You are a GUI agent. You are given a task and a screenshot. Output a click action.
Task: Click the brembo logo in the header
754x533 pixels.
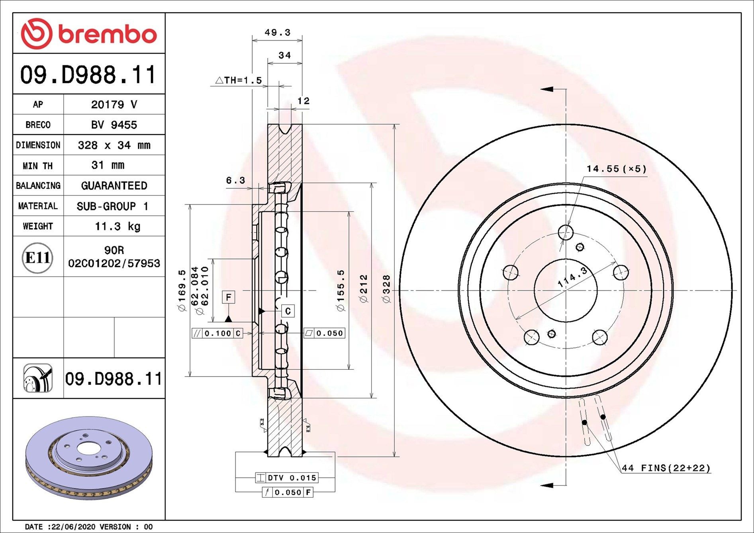click(88, 33)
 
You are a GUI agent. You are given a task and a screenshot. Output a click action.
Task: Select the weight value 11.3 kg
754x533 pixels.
click(118, 226)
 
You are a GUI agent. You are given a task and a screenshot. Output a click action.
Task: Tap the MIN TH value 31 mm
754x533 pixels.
click(108, 165)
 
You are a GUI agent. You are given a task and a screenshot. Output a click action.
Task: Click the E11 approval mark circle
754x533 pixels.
click(37, 258)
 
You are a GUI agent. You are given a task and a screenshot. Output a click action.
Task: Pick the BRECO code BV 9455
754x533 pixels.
click(114, 125)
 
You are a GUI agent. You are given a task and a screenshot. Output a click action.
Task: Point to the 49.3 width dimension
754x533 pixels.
click(277, 33)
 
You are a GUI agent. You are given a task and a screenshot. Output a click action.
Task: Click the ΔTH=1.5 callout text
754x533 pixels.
click(239, 80)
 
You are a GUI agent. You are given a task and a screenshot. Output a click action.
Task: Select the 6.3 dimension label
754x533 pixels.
click(235, 181)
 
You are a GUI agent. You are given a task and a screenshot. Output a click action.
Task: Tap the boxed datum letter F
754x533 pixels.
click(229, 297)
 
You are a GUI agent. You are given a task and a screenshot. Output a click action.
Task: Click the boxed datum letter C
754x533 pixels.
click(288, 311)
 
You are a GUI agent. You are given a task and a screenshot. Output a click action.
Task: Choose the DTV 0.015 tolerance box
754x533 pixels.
click(287, 478)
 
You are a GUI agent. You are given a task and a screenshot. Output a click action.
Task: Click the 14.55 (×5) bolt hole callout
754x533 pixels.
click(616, 169)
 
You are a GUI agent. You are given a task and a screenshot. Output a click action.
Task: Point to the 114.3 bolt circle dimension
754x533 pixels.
click(572, 277)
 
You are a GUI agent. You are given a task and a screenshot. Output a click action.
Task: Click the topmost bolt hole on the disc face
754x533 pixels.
click(566, 232)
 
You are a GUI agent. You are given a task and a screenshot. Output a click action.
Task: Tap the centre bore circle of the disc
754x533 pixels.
click(566, 290)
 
